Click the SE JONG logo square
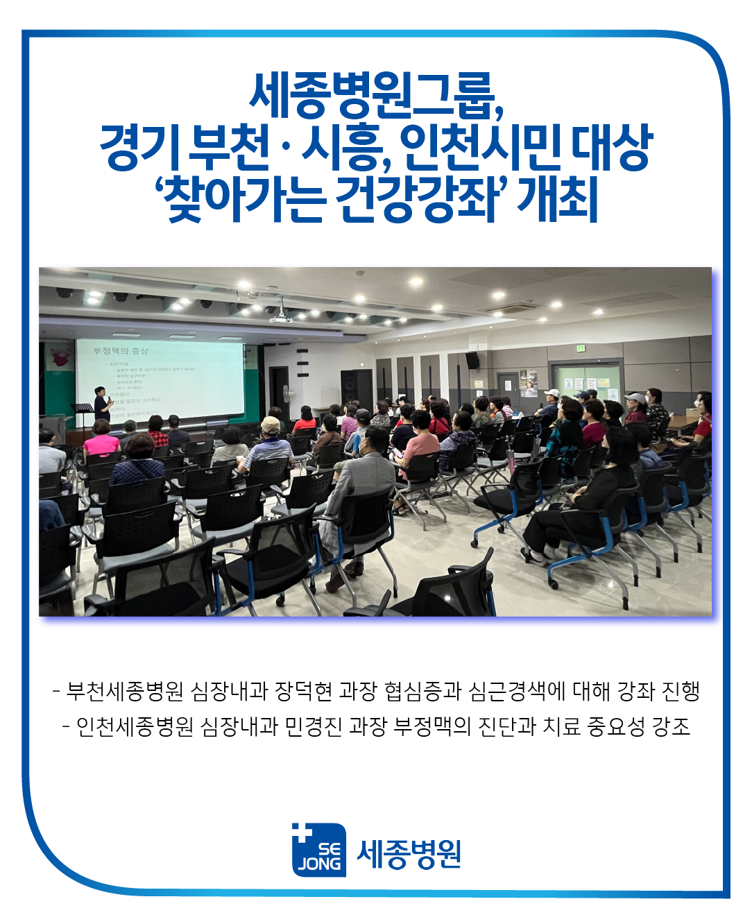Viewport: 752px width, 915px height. pyautogui.click(x=319, y=850)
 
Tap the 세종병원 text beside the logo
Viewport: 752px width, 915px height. pyautogui.click(x=409, y=854)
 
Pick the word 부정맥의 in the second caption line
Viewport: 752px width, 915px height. pyautogui.click(x=432, y=726)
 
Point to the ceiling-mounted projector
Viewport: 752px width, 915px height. pyautogui.click(x=280, y=316)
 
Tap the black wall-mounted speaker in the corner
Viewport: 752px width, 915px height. pyautogui.click(x=472, y=361)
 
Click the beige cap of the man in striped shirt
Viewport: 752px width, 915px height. pyautogui.click(x=271, y=423)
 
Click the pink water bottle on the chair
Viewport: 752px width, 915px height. pyautogui.click(x=511, y=460)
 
